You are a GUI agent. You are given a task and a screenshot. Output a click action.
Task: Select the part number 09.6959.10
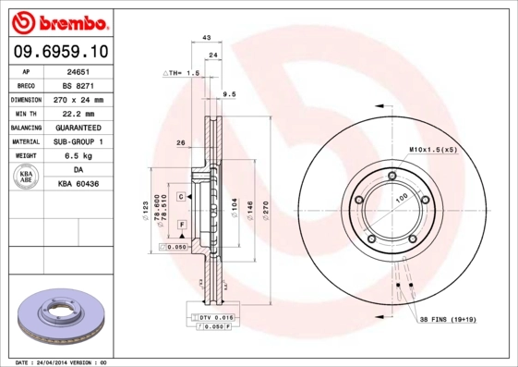pyautogui.click(x=60, y=52)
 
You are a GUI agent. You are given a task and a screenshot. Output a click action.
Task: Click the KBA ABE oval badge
pyautogui.click(x=25, y=177)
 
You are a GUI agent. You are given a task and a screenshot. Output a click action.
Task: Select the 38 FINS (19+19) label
pyautogui.click(x=447, y=320)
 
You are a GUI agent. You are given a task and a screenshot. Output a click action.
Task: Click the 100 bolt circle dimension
pyautogui.click(x=401, y=199)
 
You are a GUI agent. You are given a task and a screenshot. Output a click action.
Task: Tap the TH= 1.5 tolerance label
pyautogui.click(x=182, y=72)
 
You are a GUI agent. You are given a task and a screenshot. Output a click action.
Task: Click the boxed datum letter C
pyautogui.click(x=181, y=197)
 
